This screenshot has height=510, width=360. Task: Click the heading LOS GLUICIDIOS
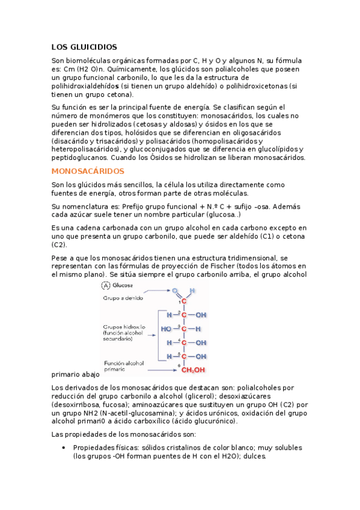coord(84,47)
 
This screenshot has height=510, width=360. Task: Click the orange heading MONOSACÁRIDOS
coord(88,171)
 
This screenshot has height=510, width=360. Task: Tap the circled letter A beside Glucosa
coord(106,286)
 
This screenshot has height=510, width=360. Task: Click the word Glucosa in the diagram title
coord(123,286)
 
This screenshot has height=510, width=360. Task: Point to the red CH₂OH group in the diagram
coord(194,370)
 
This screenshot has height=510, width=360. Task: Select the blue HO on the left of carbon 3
coord(166,329)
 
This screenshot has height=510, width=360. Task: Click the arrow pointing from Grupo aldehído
coord(159,292)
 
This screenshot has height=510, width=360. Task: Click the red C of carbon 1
coord(185,302)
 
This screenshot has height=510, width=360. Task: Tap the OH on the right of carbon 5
coord(201,357)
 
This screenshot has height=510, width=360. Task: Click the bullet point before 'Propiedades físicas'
coord(64,448)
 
